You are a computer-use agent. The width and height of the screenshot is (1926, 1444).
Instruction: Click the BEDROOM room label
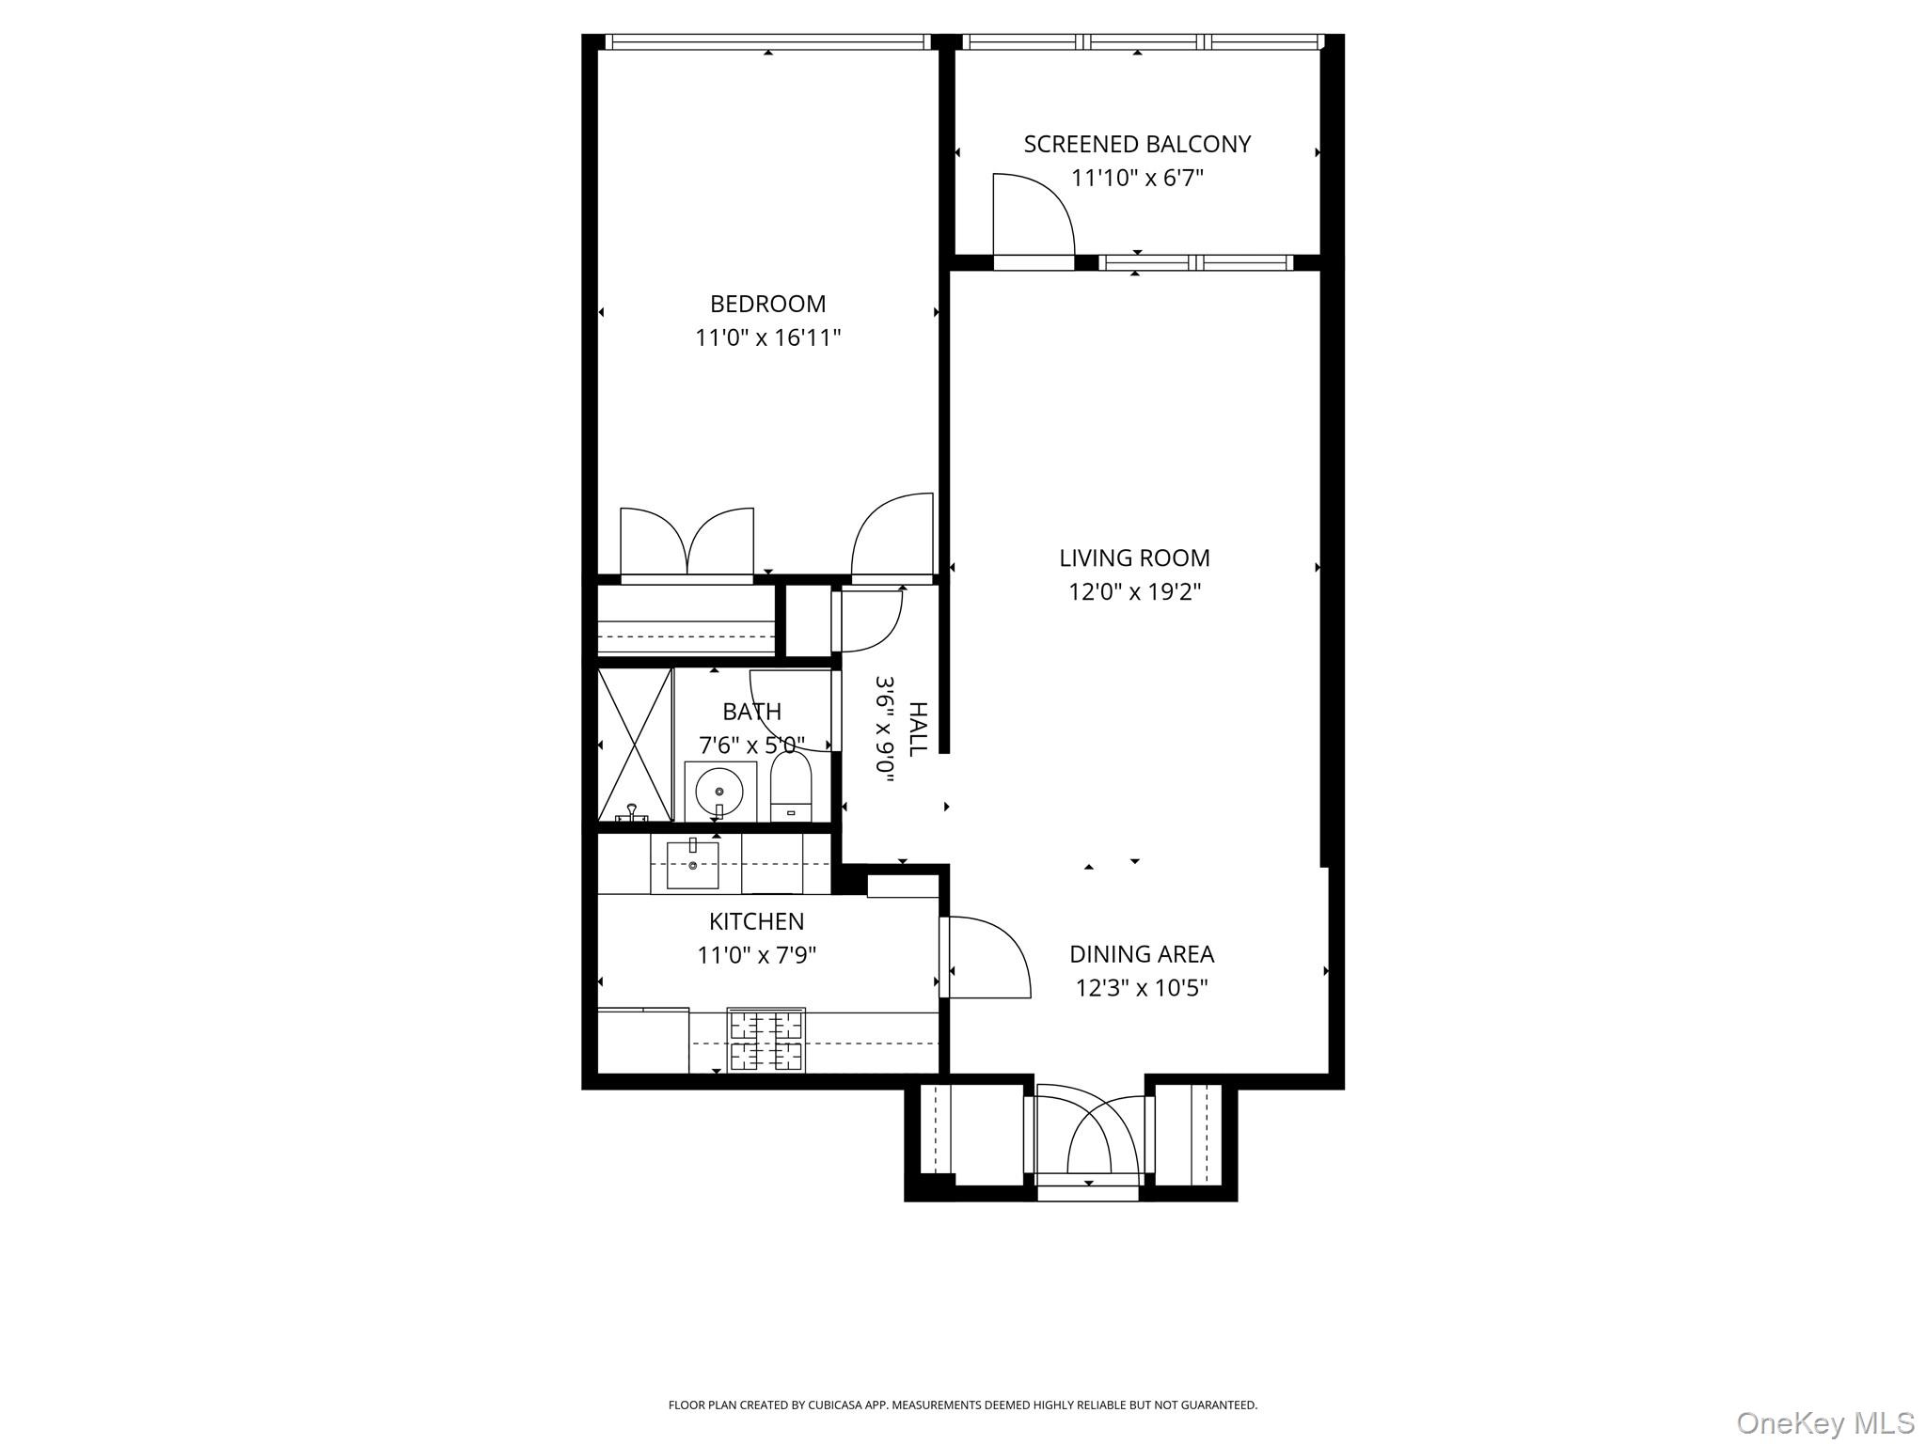[767, 304]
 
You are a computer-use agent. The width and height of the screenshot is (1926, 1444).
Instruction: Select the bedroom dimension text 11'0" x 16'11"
[767, 337]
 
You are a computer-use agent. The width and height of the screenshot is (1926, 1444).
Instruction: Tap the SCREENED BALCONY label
[1137, 144]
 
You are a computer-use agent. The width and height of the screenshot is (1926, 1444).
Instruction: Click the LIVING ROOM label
[1134, 557]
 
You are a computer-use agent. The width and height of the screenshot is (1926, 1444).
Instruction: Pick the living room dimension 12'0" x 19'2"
[1134, 591]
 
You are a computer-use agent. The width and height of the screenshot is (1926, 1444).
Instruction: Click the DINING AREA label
[1142, 954]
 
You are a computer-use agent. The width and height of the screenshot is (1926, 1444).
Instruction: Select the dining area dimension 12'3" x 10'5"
[1142, 988]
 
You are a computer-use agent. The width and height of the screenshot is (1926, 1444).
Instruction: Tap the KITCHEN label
[756, 921]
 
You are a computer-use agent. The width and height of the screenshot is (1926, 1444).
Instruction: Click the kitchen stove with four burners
[766, 1040]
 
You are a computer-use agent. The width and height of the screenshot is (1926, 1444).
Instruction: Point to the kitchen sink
[693, 865]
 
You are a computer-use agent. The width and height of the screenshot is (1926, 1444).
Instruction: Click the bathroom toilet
[791, 788]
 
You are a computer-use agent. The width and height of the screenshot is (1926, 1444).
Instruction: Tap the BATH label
[751, 712]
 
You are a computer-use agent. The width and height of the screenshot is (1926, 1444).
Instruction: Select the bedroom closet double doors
[687, 542]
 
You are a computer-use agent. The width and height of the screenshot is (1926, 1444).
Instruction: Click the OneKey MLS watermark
[1824, 1421]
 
